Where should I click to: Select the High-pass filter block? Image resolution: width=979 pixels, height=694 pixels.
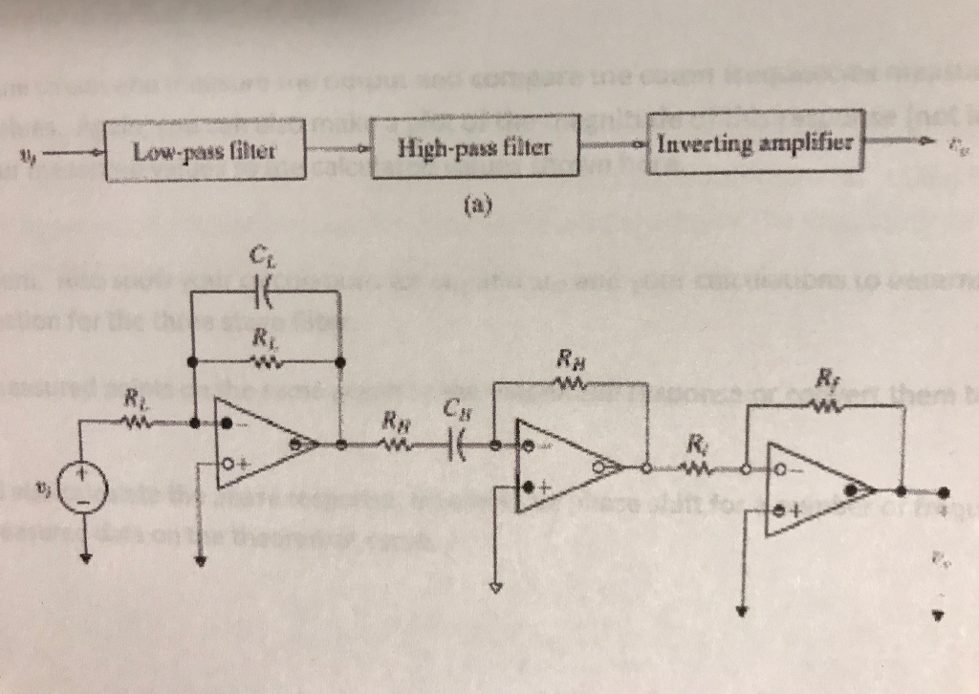474,146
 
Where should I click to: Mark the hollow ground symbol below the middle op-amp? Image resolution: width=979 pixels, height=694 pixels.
495,586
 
